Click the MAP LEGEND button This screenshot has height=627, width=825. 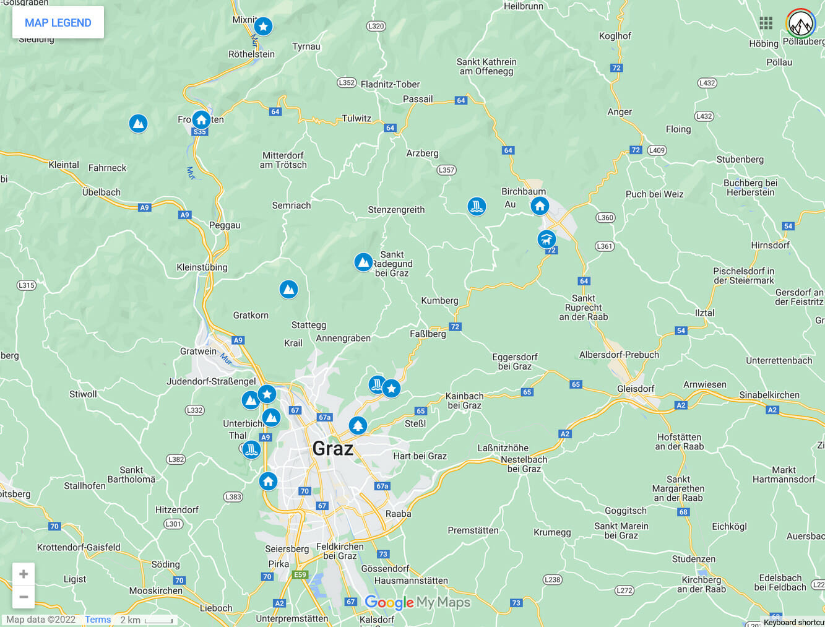pos(58,23)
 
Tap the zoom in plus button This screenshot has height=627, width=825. pos(24,574)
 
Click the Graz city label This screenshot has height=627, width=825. pos(332,448)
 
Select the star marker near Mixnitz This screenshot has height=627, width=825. pos(263,26)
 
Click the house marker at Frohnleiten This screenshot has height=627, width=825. pos(201,119)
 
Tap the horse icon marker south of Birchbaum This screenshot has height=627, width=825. pos(546,239)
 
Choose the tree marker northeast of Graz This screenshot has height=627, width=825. pos(358,425)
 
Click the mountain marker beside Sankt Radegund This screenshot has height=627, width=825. pos(363,262)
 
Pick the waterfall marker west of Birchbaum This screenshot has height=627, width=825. pos(477,206)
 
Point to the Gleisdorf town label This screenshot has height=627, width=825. pos(636,389)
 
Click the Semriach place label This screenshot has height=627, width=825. pos(292,205)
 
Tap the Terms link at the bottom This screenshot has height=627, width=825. pos(98,620)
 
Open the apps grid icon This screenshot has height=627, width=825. pos(766,23)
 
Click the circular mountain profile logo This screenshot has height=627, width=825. pos(801,24)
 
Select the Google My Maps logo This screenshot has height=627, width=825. pos(417,602)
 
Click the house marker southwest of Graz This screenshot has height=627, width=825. pos(268,481)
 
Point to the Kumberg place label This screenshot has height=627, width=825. pos(439,301)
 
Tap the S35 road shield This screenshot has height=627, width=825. pos(199,132)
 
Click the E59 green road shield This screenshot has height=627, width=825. pos(300,574)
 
